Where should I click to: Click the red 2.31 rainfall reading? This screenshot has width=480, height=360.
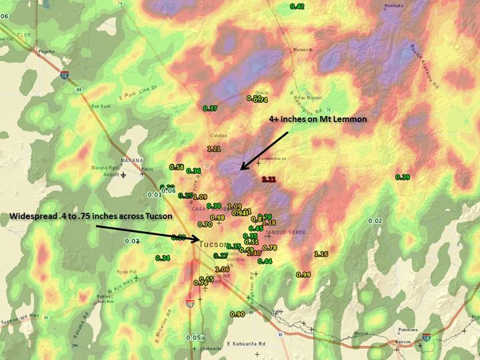[x=269, y=180]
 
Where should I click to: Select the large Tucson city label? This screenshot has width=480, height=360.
[x=214, y=245]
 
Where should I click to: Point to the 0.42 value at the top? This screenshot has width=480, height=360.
[x=297, y=7]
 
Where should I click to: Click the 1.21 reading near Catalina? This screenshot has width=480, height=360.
[x=215, y=148]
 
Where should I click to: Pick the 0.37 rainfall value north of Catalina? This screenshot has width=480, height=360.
[x=210, y=108]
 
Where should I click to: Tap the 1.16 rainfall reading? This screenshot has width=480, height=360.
[x=321, y=254]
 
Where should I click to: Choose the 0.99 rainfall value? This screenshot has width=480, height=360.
[x=303, y=275]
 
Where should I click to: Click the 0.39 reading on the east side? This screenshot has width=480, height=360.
[x=403, y=177]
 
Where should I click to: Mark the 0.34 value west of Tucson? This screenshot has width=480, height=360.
[x=162, y=258]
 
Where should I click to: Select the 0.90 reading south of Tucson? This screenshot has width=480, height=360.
[x=237, y=314]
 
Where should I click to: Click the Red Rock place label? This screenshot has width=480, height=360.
[x=101, y=106]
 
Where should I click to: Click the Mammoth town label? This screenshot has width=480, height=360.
[x=293, y=50]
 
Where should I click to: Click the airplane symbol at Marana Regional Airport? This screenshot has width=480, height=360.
[x=123, y=175]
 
